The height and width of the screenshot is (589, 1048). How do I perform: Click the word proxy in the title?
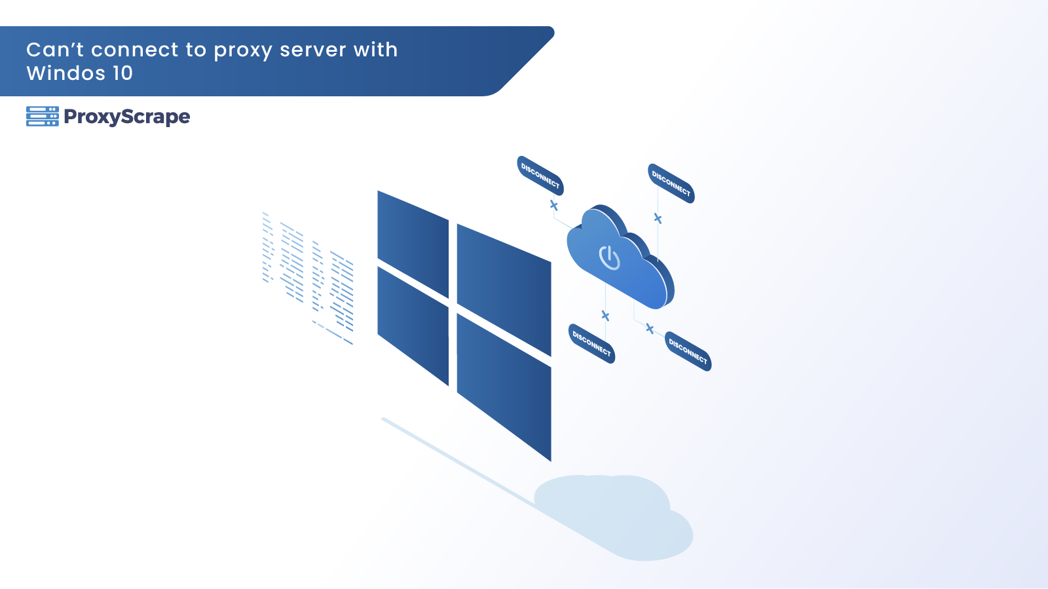click(242, 50)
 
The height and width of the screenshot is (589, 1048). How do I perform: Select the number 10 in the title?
click(122, 73)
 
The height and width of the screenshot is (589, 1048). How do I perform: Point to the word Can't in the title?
click(55, 50)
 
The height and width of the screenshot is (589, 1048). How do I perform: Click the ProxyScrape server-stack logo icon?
click(43, 116)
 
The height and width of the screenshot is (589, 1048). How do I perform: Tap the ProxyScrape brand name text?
click(126, 117)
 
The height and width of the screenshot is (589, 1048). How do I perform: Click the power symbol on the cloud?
click(609, 257)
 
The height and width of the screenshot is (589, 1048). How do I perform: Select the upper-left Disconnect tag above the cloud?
click(540, 176)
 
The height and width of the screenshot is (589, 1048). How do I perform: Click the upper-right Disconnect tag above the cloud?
click(671, 183)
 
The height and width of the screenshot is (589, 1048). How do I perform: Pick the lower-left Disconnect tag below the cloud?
click(591, 343)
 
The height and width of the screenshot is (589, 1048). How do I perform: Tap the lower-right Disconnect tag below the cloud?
click(688, 351)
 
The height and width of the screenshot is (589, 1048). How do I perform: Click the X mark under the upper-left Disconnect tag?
click(554, 206)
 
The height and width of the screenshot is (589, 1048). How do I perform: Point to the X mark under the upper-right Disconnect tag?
click(658, 219)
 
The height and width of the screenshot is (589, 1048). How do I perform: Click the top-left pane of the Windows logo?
click(413, 243)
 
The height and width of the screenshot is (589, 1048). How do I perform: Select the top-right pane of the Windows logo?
click(503, 289)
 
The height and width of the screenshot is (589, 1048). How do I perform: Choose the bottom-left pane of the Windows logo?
click(413, 324)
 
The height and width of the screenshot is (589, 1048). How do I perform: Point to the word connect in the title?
click(134, 50)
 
